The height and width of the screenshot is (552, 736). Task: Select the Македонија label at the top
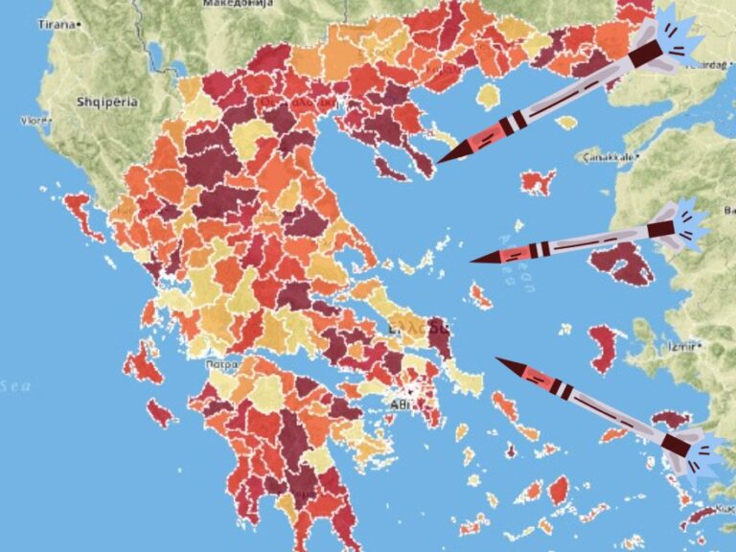(239, 4)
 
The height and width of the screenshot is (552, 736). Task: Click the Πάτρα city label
(221, 365)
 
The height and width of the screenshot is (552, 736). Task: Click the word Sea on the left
(16, 386)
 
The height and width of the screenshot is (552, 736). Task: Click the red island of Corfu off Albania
(82, 213)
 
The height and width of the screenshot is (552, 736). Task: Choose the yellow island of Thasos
(489, 97)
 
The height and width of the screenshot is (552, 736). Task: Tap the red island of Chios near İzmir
(604, 348)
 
